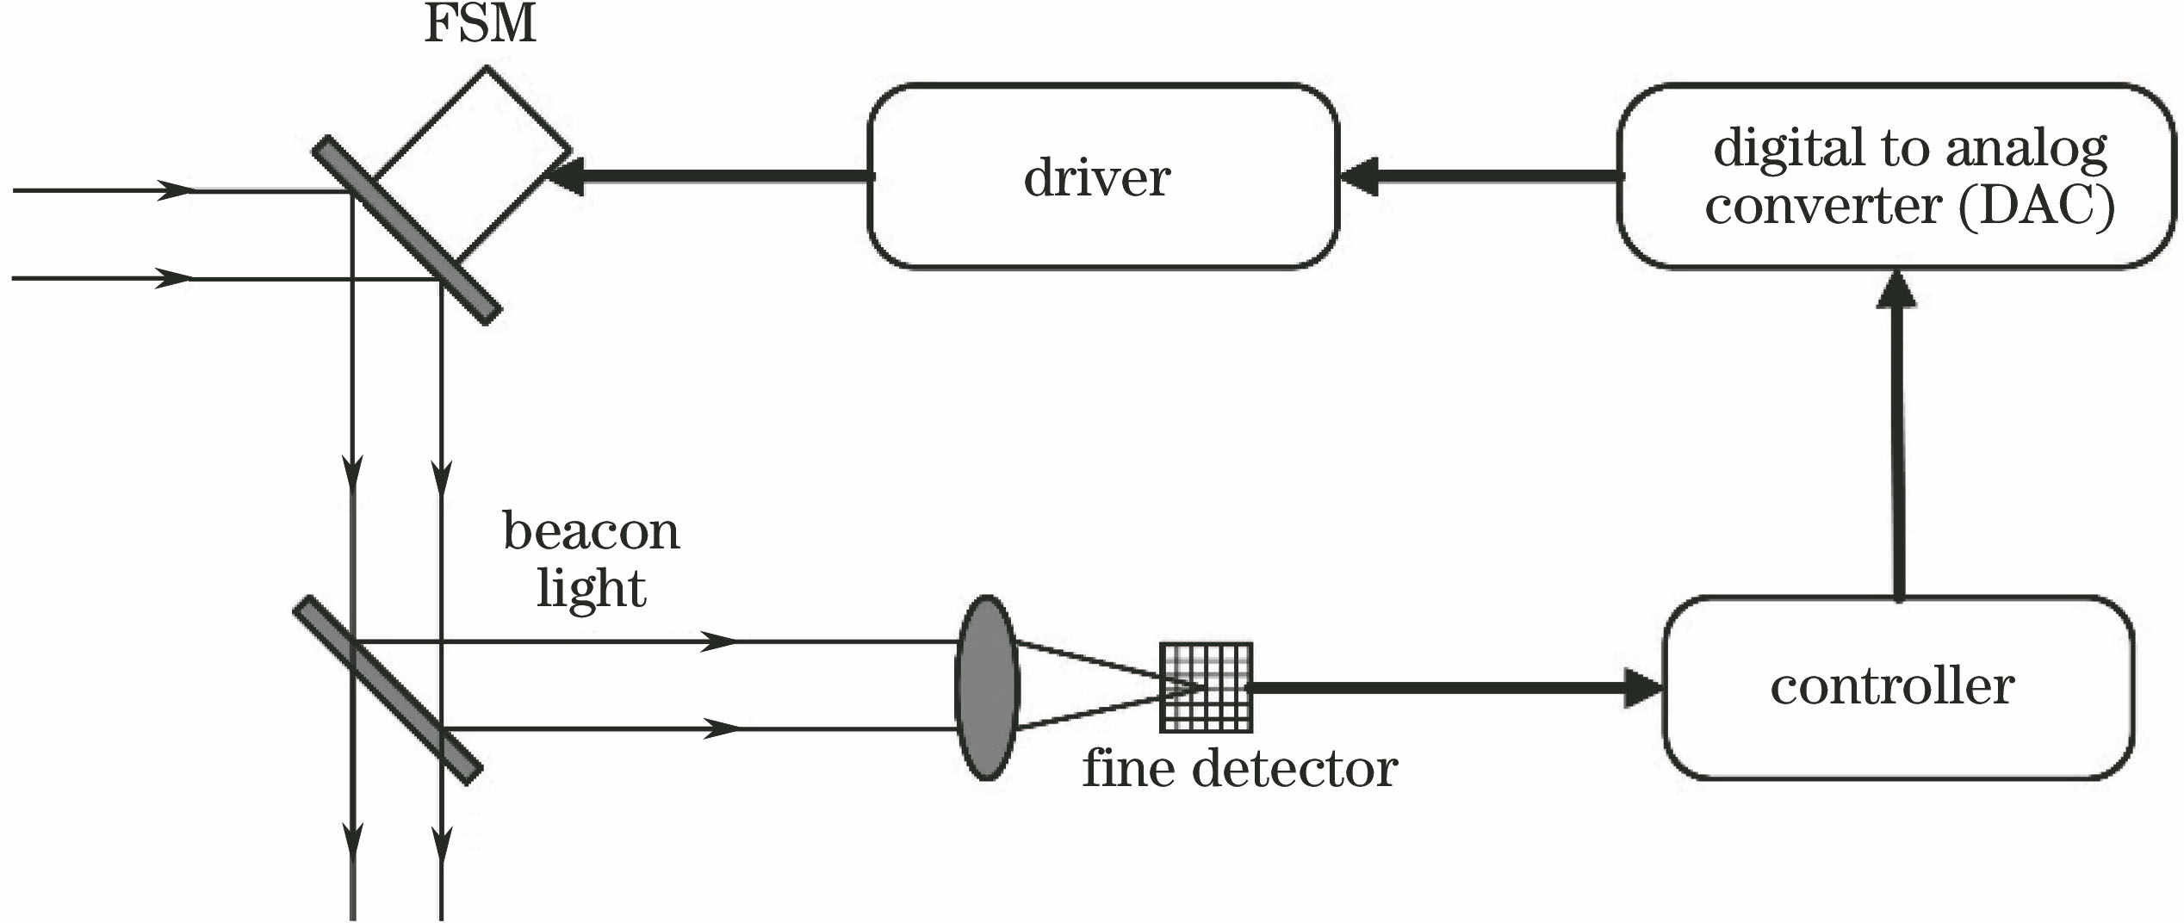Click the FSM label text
click(480, 24)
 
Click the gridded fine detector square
click(1206, 687)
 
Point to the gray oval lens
click(987, 687)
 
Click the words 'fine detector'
click(1239, 769)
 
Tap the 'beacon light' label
click(591, 560)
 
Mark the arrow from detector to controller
click(1455, 687)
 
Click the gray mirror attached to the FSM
click(406, 231)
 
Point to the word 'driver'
click(1097, 178)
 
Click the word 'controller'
click(1892, 687)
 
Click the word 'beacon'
click(591, 532)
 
